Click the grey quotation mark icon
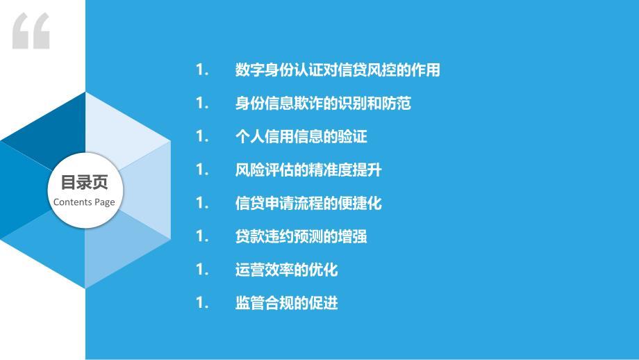(x=31, y=31)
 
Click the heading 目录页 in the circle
(x=84, y=182)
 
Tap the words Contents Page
(x=84, y=202)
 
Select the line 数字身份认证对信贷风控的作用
(x=338, y=69)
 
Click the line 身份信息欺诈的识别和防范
(x=323, y=103)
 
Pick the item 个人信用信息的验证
(x=301, y=136)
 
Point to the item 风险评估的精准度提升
(x=308, y=170)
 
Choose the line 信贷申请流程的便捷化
(x=308, y=203)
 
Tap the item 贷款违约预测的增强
(x=301, y=236)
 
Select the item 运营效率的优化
(x=286, y=270)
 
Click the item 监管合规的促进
(x=286, y=303)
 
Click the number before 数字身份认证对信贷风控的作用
(x=203, y=69)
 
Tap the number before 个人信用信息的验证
(x=203, y=136)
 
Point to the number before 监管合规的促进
(x=203, y=303)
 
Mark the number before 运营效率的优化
(x=203, y=270)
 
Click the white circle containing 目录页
(x=85, y=190)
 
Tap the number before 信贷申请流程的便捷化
(x=203, y=203)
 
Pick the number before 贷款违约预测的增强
(x=203, y=236)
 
